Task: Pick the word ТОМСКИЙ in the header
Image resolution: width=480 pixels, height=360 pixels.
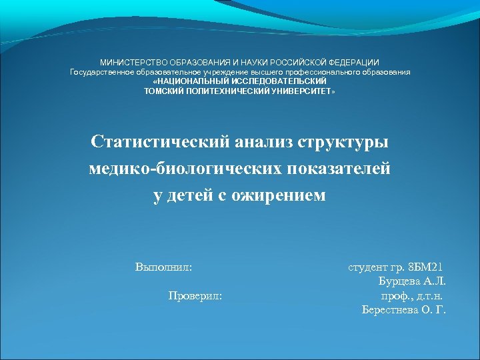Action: coord(161,90)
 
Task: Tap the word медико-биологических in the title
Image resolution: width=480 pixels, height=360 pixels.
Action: coord(187,169)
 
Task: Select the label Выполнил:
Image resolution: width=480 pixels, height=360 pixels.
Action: coord(164,267)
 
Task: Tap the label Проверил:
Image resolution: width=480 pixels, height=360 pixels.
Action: coord(195,295)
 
